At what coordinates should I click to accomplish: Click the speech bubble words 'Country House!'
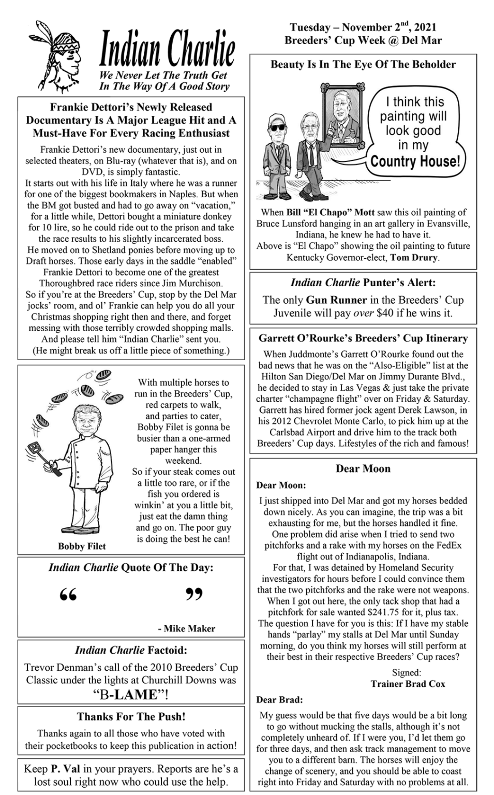pos(415,161)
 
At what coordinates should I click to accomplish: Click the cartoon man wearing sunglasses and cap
pos(278,158)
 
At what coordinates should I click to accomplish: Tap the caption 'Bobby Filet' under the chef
pos(82,546)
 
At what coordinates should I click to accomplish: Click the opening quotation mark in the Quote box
pos(68,594)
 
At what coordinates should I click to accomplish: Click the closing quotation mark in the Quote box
pos(194,594)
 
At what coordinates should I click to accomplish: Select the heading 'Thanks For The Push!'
pos(131,716)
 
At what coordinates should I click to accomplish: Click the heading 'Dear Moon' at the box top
pos(363,468)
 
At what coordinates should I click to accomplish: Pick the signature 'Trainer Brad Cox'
pos(408,684)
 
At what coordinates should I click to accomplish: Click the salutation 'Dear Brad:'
pos(279,700)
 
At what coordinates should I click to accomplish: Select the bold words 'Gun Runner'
pos(336,300)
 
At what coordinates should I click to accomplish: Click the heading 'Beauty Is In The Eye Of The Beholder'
pos(363,65)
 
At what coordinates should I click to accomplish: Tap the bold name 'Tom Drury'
pos(414,257)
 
